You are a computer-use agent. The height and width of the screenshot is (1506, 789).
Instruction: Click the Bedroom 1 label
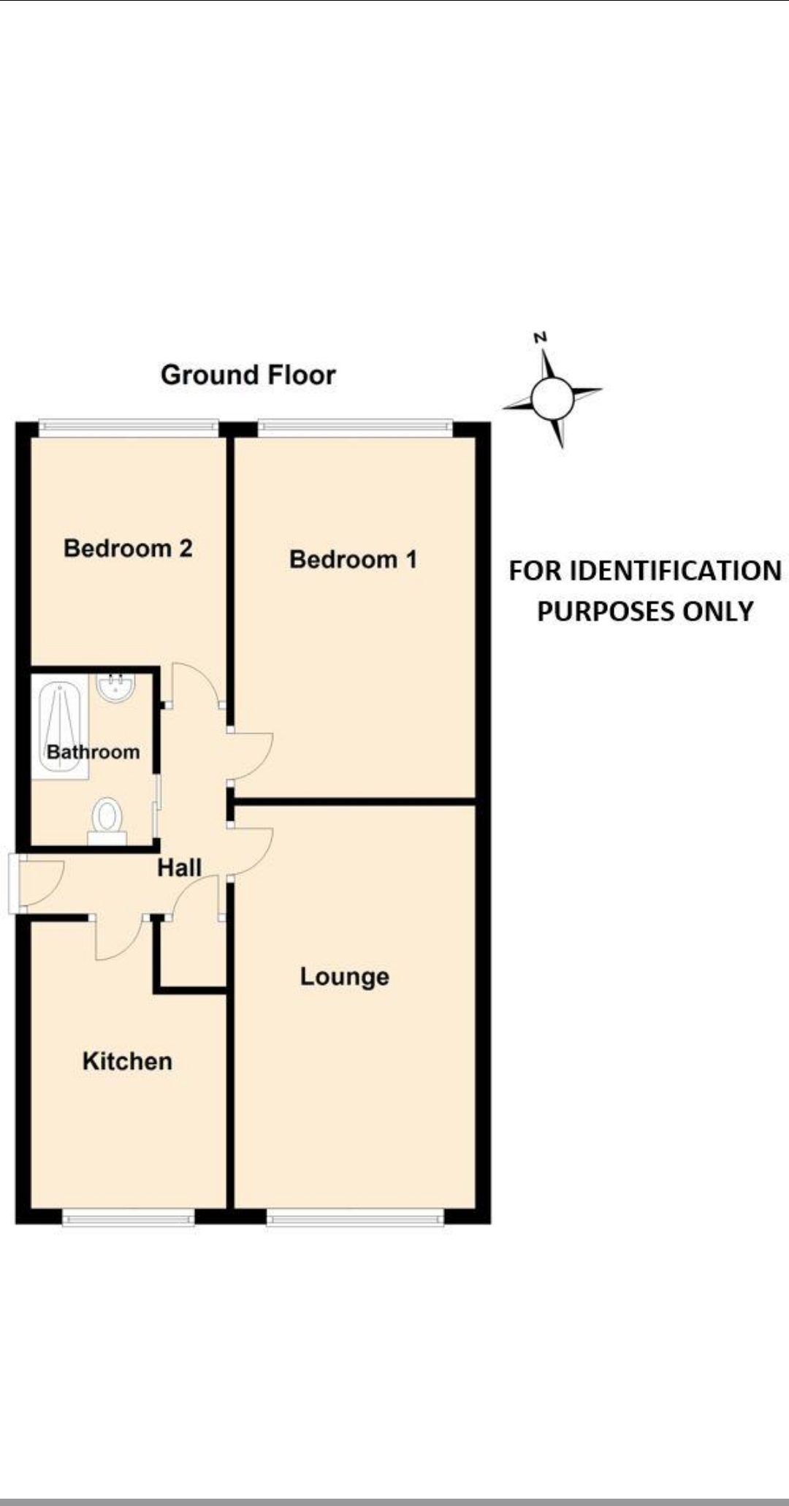tap(353, 560)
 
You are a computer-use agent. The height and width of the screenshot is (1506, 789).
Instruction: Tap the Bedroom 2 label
tap(128, 548)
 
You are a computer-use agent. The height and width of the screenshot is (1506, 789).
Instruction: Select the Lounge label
tap(344, 977)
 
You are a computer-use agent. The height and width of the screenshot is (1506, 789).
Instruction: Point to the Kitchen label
tap(127, 1061)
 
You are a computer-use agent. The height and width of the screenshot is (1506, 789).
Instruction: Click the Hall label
tap(179, 868)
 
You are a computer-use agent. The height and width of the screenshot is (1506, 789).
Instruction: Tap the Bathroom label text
tap(93, 752)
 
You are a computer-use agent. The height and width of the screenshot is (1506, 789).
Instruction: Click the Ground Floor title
tap(248, 375)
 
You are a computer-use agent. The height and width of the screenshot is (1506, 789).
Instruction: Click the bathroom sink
tap(115, 688)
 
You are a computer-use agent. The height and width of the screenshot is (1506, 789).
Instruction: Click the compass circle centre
tap(552, 398)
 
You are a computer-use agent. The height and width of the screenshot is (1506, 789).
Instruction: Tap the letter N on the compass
tap(540, 338)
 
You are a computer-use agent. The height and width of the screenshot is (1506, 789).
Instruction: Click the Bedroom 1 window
tap(355, 427)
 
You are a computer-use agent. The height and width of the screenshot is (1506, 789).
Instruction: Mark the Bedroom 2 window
tap(129, 427)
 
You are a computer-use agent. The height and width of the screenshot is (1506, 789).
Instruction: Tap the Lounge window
tap(355, 1217)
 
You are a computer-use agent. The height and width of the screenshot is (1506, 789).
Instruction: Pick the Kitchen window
tap(129, 1217)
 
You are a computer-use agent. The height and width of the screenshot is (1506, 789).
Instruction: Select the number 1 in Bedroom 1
tap(411, 560)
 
